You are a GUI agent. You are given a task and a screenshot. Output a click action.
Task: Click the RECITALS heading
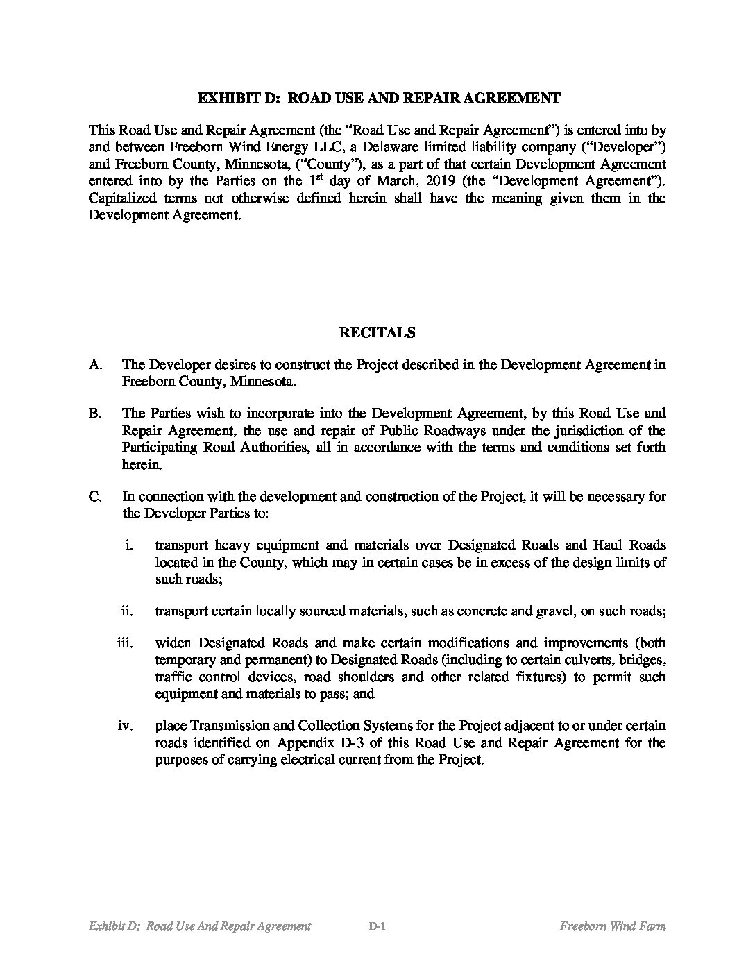point(377,332)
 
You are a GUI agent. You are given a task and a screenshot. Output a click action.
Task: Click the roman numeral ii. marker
point(128,611)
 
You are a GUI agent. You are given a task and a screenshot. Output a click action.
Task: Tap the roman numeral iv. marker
point(125,726)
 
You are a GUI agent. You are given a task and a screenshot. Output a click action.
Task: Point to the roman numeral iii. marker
point(125,643)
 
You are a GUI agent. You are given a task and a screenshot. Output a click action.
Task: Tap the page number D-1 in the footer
point(377,926)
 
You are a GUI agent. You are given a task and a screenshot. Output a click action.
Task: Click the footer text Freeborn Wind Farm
point(612,926)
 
